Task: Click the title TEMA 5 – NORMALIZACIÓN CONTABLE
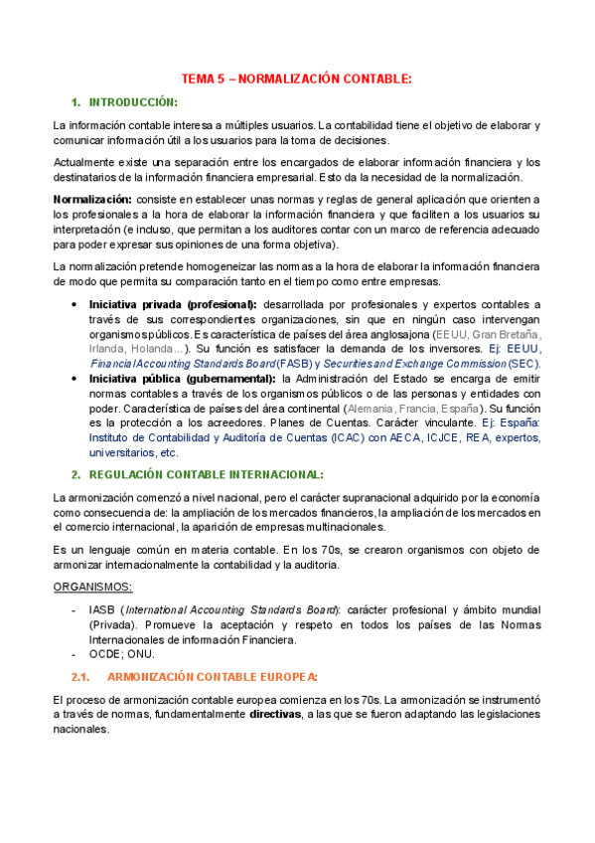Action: coord(296,79)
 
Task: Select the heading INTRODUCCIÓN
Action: coord(133,102)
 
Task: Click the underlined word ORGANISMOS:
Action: coord(92,587)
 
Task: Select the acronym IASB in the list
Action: coord(101,609)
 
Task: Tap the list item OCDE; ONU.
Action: coord(121,654)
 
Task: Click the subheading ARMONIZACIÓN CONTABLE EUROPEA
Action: coord(212,677)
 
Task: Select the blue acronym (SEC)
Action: coord(522,363)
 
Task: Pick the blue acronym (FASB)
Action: coord(293,363)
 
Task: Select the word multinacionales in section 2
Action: coord(381,527)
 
